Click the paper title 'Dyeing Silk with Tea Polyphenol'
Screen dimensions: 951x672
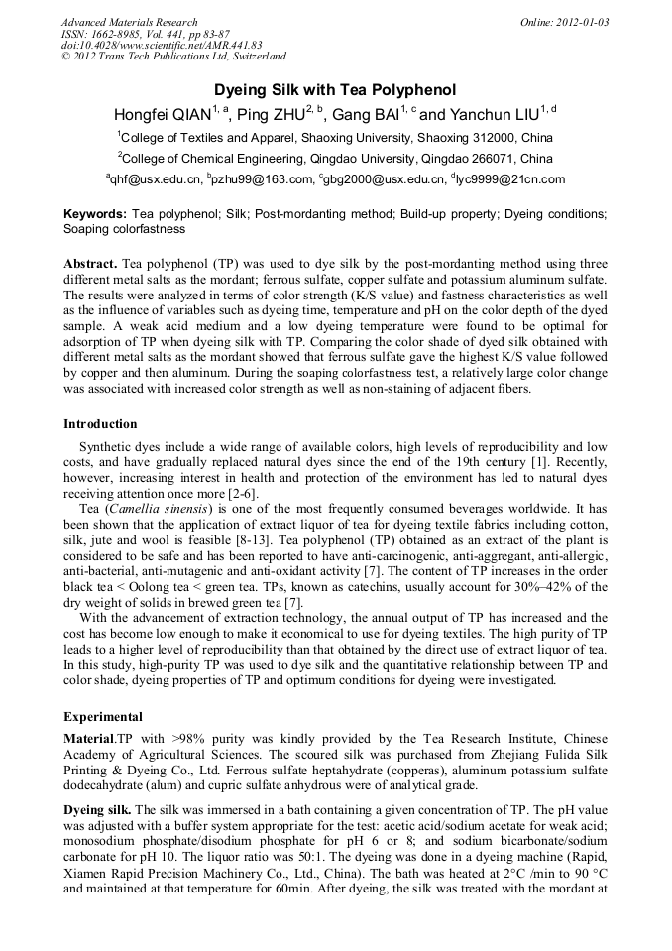click(x=335, y=89)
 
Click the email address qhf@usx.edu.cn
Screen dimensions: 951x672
click(x=154, y=179)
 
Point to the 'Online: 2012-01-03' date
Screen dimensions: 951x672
click(x=564, y=22)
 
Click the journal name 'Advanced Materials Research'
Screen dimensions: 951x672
click(x=129, y=22)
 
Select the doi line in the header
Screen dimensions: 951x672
click(x=162, y=45)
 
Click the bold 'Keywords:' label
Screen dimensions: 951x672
click(x=95, y=214)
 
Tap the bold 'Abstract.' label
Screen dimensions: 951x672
click(x=90, y=265)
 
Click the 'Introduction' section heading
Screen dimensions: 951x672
click(x=100, y=424)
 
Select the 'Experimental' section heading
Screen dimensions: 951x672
click(x=103, y=716)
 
